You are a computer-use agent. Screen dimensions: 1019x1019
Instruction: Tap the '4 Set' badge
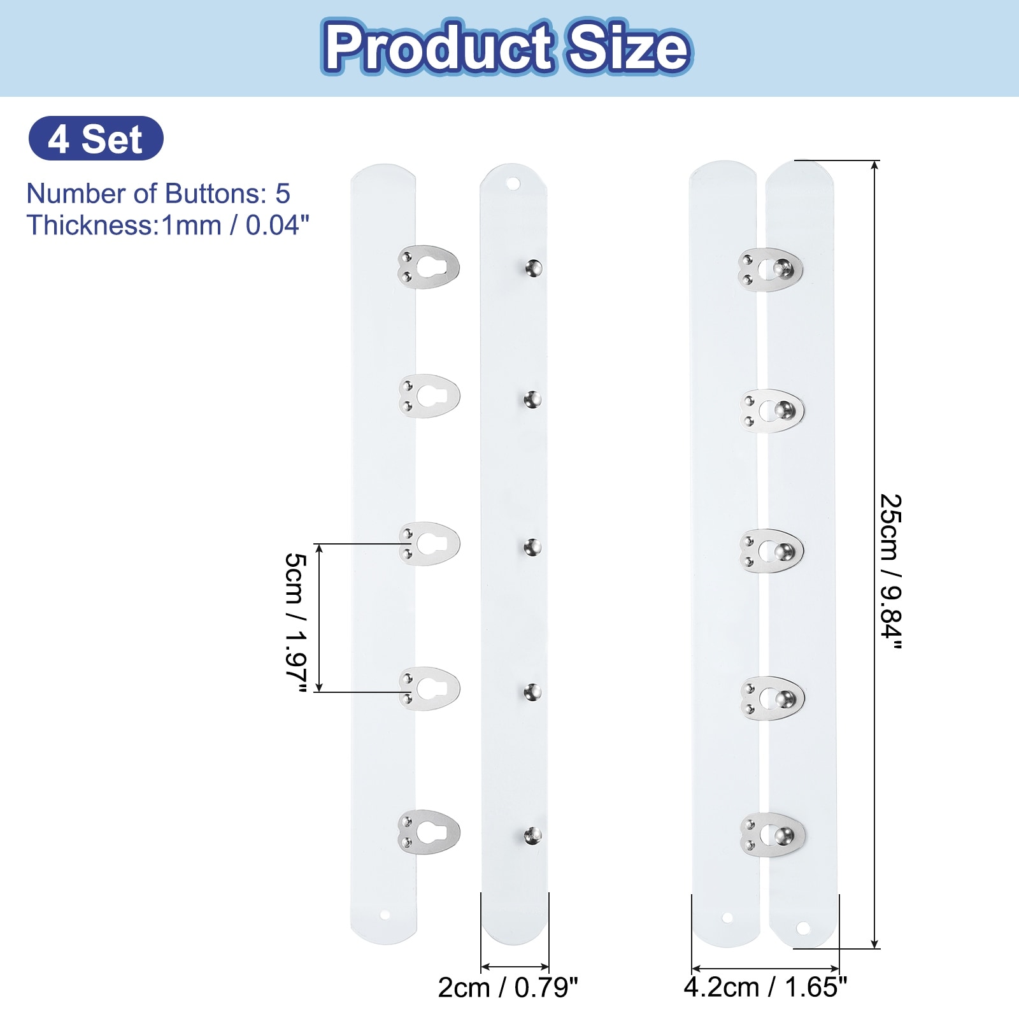96,138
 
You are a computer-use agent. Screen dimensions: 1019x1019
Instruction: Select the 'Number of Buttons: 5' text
158,193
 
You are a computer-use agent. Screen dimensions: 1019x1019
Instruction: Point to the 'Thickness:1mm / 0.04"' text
168,225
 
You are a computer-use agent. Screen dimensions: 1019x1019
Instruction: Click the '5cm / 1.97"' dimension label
296,622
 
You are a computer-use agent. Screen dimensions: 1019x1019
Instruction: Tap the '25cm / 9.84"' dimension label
890,571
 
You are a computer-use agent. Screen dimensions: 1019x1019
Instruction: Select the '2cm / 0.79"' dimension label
508,988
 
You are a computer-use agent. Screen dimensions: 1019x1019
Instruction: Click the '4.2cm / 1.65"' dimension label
766,988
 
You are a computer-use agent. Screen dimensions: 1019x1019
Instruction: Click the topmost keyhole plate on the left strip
428,267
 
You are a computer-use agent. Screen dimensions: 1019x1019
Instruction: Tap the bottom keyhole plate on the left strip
428,832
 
